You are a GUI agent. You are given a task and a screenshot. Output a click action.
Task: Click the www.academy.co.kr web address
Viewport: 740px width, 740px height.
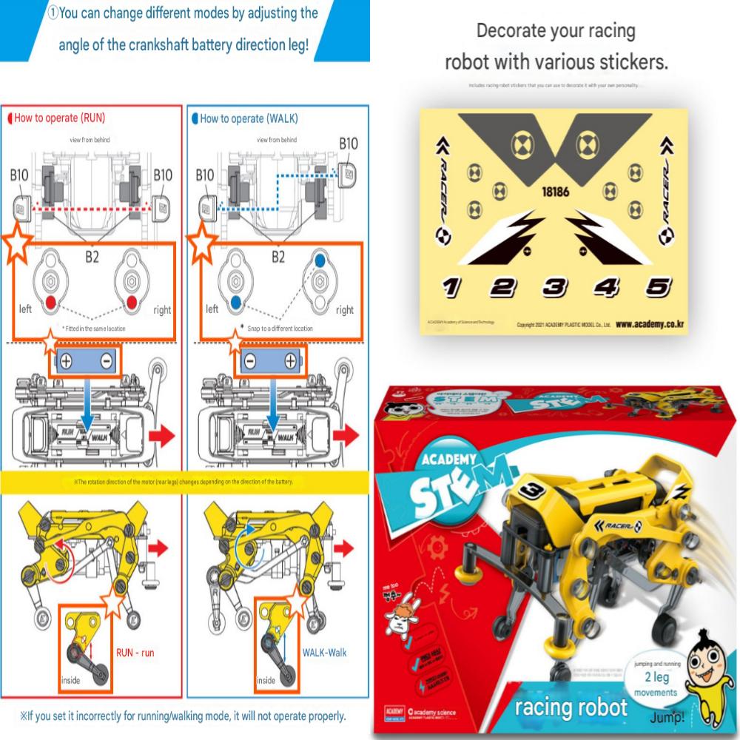coord(648,323)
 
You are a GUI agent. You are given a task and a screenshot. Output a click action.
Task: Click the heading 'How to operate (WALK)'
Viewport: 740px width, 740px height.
coord(245,118)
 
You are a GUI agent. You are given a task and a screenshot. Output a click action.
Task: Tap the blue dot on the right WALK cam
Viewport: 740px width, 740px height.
coord(320,261)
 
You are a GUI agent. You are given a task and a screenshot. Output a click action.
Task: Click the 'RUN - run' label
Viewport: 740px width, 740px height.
coord(135,653)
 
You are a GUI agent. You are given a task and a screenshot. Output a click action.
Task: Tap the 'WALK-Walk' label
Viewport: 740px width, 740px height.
coord(324,653)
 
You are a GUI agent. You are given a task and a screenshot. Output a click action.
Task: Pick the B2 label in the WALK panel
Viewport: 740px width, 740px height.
coord(278,258)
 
